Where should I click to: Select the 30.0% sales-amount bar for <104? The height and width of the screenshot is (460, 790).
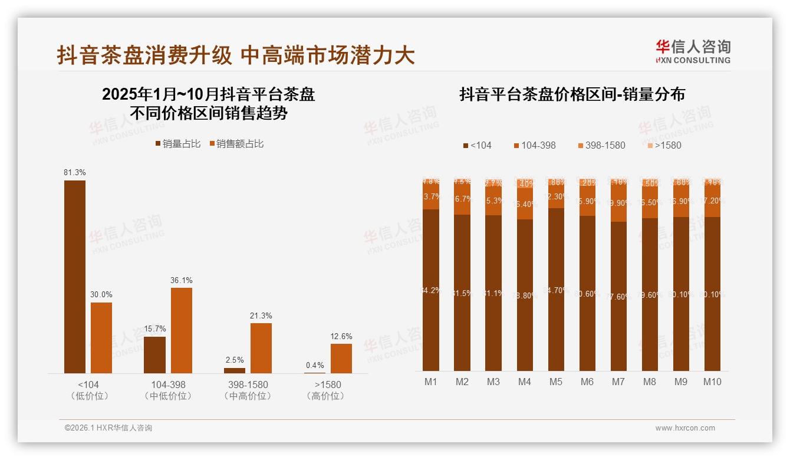[101, 337]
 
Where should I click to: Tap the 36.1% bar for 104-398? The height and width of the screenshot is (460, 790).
[182, 330]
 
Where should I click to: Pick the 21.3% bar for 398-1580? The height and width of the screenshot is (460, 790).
[261, 347]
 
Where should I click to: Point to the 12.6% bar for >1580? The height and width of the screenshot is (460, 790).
[341, 358]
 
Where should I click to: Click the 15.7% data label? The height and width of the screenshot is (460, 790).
[154, 329]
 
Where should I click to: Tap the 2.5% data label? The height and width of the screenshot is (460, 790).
[234, 360]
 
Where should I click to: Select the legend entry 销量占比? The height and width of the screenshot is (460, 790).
[177, 144]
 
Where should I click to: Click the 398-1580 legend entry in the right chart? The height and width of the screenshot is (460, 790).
[601, 145]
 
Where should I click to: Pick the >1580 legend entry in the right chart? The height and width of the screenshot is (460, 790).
[664, 145]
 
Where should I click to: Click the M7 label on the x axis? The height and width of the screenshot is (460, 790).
[618, 382]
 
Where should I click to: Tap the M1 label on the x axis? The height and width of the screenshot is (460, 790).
[431, 382]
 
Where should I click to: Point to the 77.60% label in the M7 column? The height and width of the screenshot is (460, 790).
[618, 297]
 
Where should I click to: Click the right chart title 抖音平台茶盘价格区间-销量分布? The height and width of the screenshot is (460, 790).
[572, 94]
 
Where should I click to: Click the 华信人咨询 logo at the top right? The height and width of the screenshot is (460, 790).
[693, 51]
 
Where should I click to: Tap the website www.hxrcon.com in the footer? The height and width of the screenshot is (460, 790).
[684, 428]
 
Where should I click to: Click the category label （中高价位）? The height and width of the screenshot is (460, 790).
[248, 396]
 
